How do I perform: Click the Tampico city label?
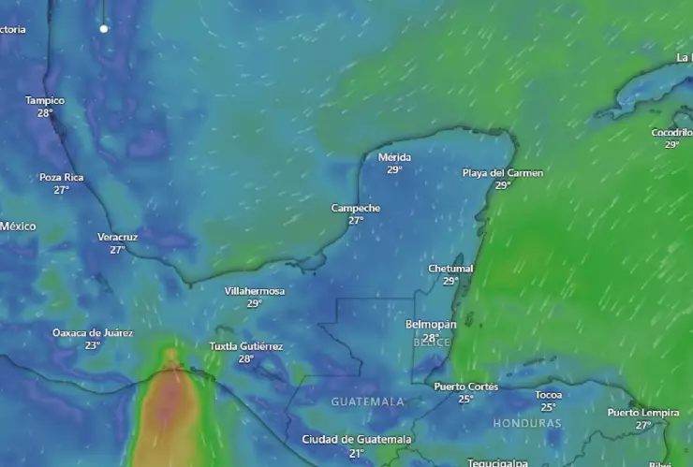[x=45, y=100]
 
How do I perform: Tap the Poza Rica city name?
[x=61, y=177]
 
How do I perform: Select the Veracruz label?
[x=117, y=237]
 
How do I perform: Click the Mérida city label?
[x=394, y=157]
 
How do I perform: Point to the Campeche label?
[x=356, y=208]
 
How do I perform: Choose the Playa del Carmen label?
[x=502, y=173]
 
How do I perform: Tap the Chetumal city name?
[x=450, y=269]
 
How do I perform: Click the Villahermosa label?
[x=254, y=291]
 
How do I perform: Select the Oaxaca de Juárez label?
[x=93, y=333]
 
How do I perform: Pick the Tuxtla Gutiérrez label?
[x=245, y=346]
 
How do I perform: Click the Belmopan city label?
[x=431, y=324]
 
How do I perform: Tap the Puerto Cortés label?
[x=465, y=387]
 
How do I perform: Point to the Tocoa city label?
[x=548, y=395]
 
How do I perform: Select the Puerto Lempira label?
[x=642, y=413]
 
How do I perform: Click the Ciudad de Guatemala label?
[x=356, y=440]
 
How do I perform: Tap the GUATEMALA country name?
[x=367, y=401]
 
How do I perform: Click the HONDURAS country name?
[x=527, y=423]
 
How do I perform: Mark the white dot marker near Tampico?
[x=104, y=29]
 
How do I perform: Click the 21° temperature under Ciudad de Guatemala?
[x=356, y=453]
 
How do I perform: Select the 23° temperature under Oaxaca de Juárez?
[x=93, y=345]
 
